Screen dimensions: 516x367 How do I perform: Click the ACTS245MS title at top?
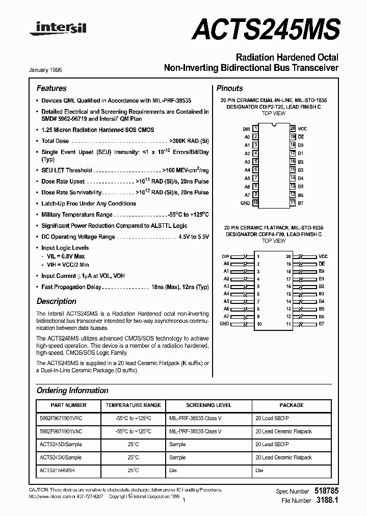pyautogui.click(x=265, y=28)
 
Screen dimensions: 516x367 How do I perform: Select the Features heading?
pyautogui.click(x=51, y=88)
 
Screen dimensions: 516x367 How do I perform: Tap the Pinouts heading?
pyautogui.click(x=229, y=88)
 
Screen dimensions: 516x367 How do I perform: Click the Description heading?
pyautogui.click(x=56, y=301)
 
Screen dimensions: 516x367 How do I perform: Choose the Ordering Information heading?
pyautogui.click(x=72, y=391)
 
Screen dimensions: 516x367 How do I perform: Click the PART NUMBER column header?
pyautogui.click(x=69, y=405)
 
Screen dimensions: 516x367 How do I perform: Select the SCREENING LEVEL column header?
pyautogui.click(x=208, y=405)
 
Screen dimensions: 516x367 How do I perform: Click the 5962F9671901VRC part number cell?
pyautogui.click(x=61, y=418)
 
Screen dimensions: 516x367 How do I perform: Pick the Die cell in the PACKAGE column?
pyautogui.click(x=259, y=470)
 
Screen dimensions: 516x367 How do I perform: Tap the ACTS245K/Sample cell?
pyautogui.click(x=60, y=457)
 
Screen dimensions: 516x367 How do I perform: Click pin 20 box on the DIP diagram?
pyautogui.click(x=293, y=129)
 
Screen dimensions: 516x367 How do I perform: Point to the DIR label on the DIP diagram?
pyautogui.click(x=246, y=130)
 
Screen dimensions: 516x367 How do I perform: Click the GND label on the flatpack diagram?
pyautogui.click(x=224, y=324)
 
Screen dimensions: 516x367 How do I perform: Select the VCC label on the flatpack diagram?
pyautogui.click(x=323, y=256)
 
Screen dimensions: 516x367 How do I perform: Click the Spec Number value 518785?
pyautogui.click(x=326, y=491)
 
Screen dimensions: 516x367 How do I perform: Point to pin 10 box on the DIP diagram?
pyautogui.click(x=255, y=202)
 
